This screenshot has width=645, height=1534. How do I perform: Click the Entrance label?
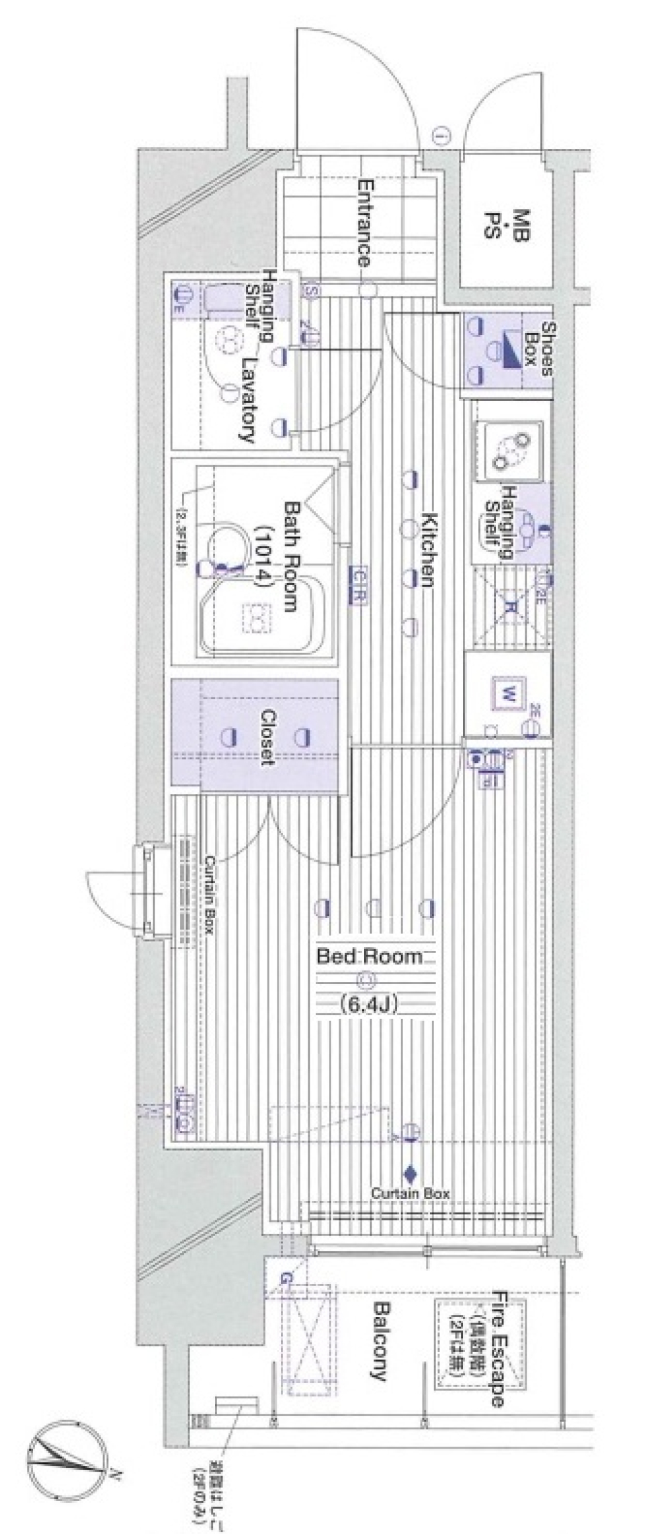363,222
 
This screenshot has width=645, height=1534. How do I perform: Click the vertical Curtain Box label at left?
209,897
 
